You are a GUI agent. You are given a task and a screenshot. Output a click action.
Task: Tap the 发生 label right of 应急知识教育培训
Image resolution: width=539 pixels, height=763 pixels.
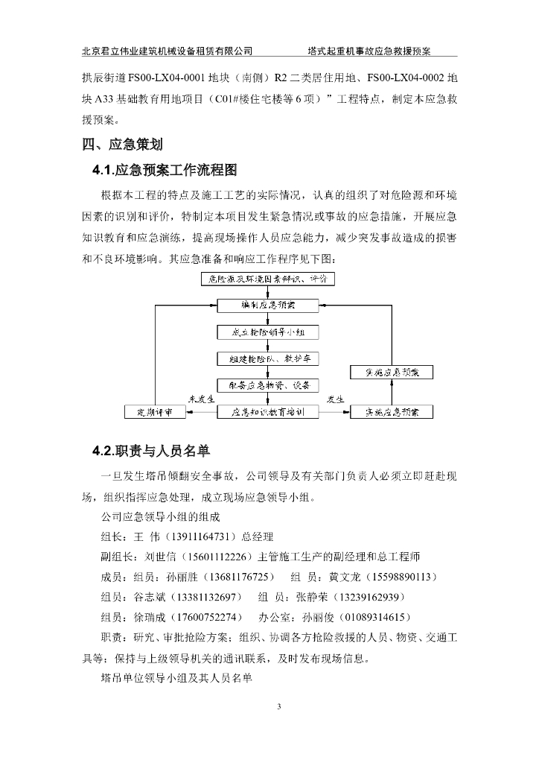tap(336, 399)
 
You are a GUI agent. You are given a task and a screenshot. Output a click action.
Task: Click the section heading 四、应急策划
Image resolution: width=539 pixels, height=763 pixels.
tap(122, 145)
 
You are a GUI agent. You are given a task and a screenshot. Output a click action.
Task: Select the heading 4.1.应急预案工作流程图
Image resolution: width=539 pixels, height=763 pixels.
tap(165, 171)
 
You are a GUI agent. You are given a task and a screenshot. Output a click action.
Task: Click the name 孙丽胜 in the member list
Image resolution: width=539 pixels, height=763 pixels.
tap(182, 577)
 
